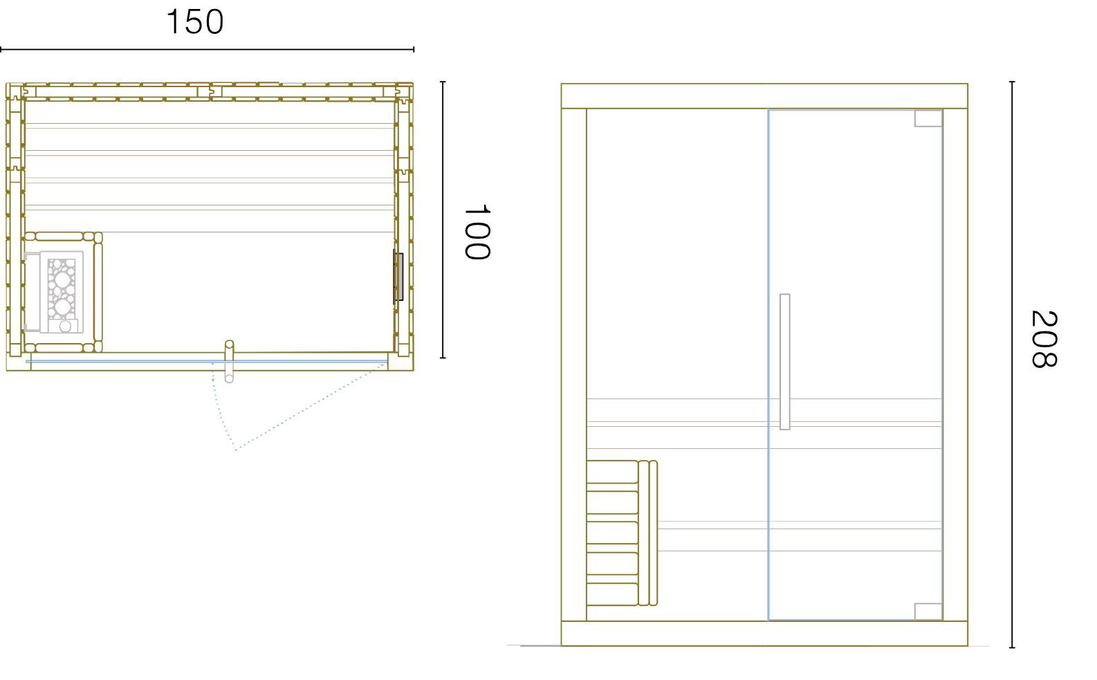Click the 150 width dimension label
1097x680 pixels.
(x=195, y=22)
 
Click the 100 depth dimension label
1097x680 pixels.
(x=477, y=232)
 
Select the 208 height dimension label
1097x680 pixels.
(x=1044, y=338)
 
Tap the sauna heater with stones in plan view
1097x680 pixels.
(x=62, y=292)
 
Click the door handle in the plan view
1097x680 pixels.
(x=229, y=361)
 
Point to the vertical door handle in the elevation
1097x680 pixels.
(x=784, y=362)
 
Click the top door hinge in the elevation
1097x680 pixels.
(x=928, y=118)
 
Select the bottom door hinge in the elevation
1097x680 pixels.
(x=928, y=611)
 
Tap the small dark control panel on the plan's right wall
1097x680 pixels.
(x=398, y=277)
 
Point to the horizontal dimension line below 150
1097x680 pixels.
(x=207, y=50)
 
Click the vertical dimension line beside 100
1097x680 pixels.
(x=443, y=219)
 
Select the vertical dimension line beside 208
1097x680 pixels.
(x=1013, y=365)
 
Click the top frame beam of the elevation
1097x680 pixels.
(x=764, y=96)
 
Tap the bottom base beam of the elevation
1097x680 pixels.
(x=764, y=634)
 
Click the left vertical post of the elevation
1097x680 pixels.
(x=574, y=365)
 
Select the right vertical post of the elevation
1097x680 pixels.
(x=955, y=365)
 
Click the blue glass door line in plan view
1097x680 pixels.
(x=206, y=362)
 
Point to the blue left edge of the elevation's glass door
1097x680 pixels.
(x=768, y=365)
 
